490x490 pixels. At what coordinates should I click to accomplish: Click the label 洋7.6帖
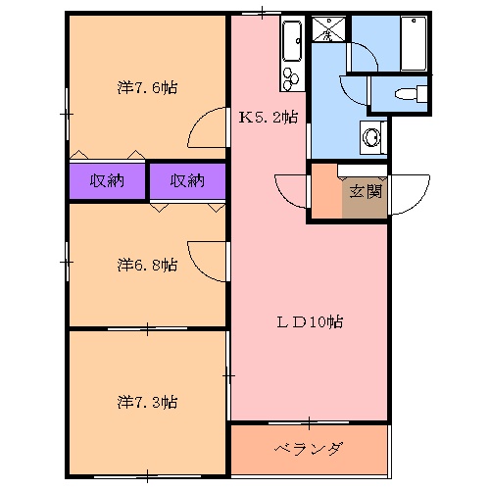click(147, 88)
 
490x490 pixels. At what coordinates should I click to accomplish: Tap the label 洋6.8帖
click(147, 265)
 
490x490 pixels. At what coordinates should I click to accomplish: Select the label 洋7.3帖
click(147, 402)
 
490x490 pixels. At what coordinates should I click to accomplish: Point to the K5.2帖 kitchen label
click(269, 118)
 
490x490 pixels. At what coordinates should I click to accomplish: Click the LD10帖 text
click(309, 320)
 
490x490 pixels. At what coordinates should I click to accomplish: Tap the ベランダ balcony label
click(308, 450)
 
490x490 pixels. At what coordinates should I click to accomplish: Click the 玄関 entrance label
click(363, 190)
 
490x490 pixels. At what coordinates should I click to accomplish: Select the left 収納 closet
click(107, 180)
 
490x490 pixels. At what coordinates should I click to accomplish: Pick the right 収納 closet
click(186, 180)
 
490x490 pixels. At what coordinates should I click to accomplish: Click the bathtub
click(414, 44)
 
